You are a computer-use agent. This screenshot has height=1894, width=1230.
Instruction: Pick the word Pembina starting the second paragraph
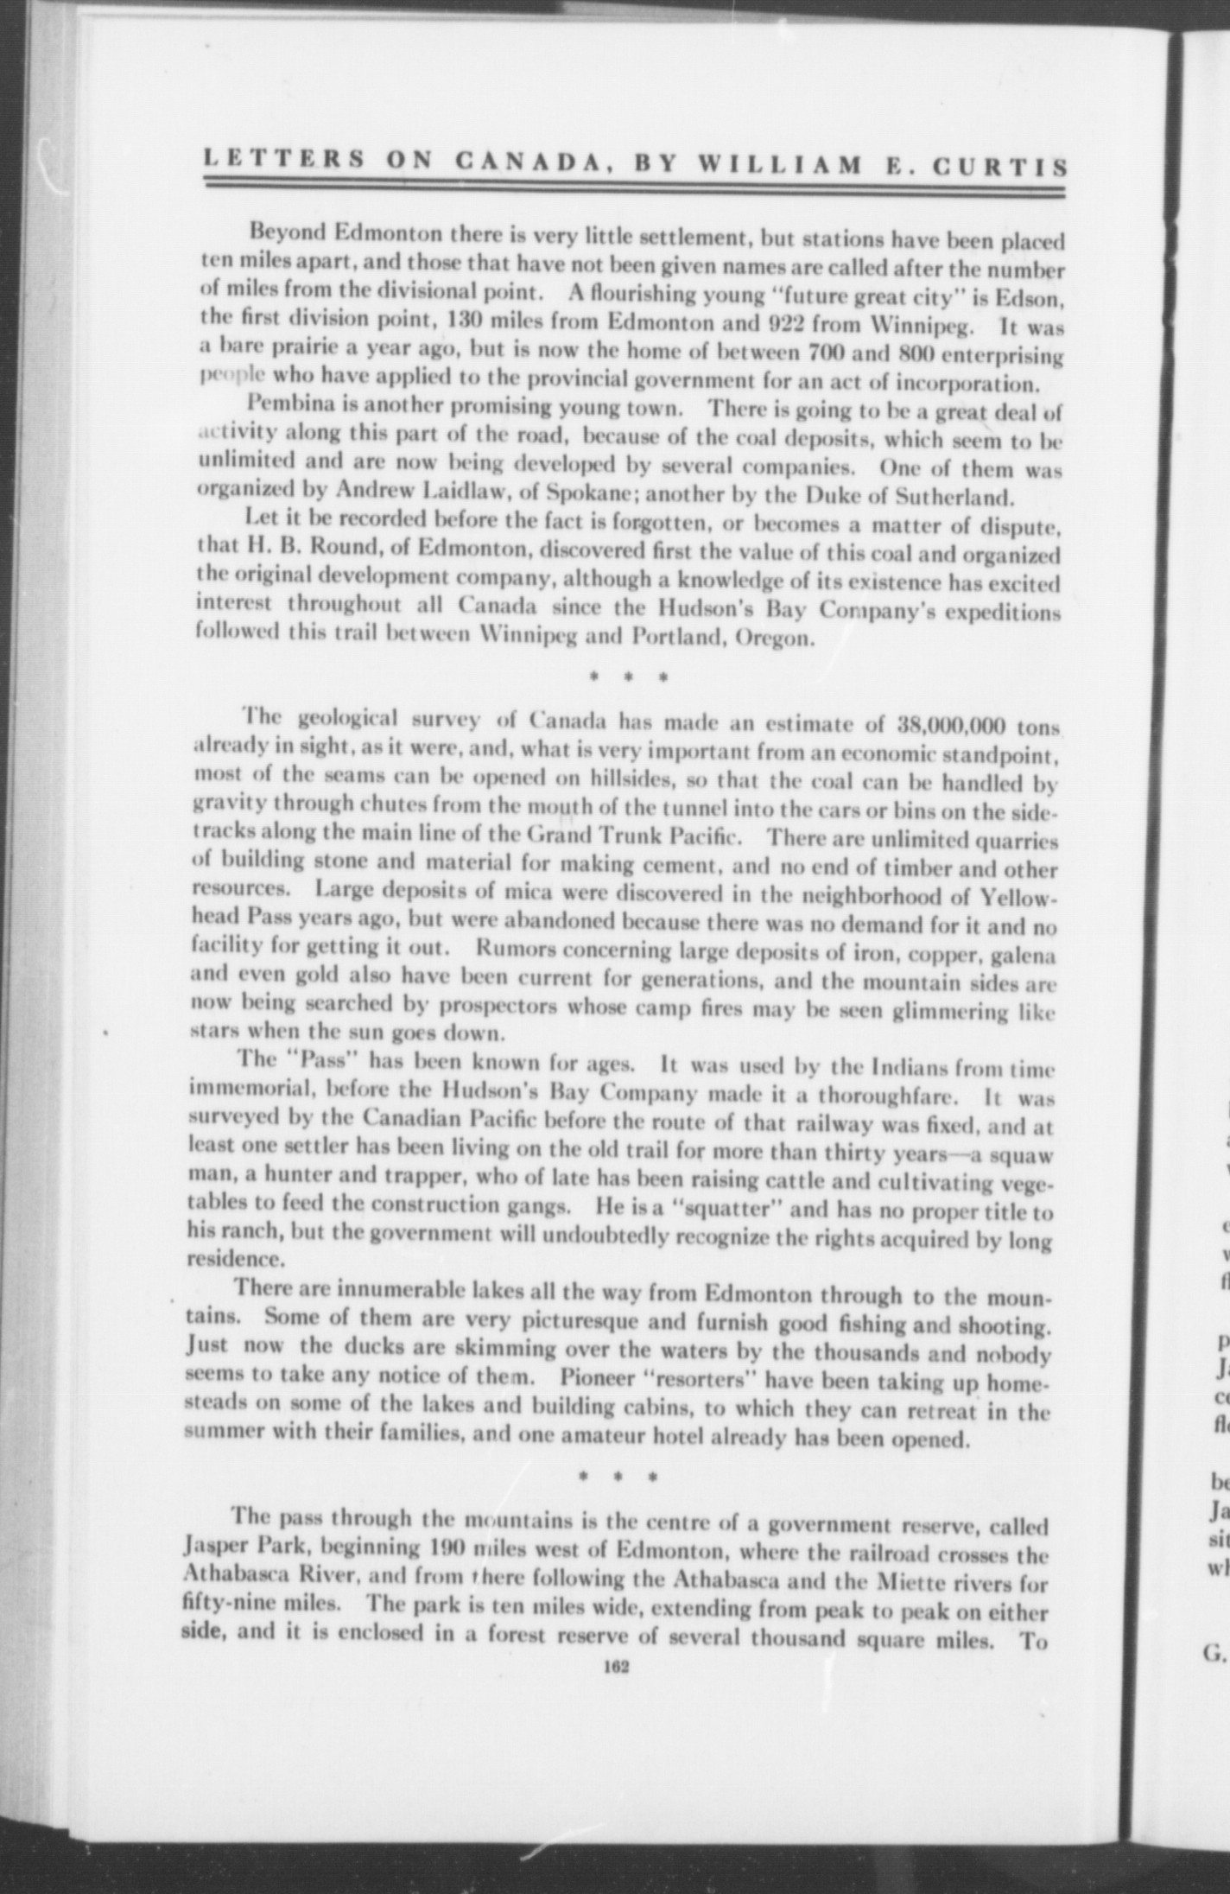[x=286, y=404]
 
